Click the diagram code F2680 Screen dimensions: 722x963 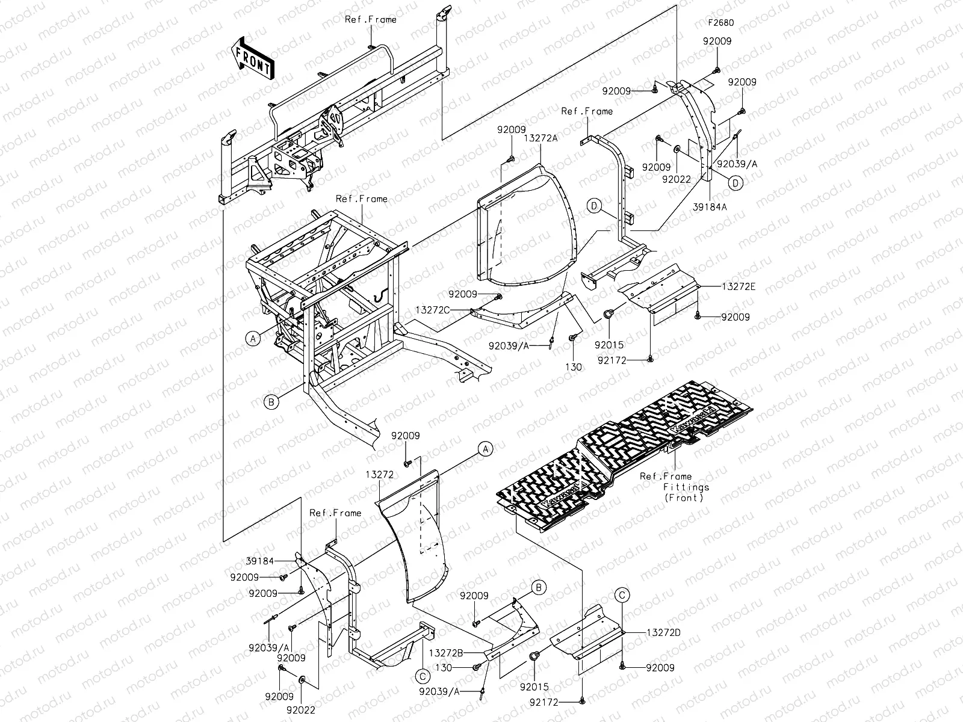pyautogui.click(x=720, y=23)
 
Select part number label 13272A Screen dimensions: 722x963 pyautogui.click(x=540, y=138)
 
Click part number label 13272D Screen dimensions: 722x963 pyautogui.click(x=663, y=632)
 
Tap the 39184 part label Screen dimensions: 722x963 pyautogui.click(x=259, y=561)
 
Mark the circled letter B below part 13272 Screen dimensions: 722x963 pyautogui.click(x=539, y=587)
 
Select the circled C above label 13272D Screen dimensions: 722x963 pyautogui.click(x=623, y=596)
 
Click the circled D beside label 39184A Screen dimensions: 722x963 pyautogui.click(x=737, y=182)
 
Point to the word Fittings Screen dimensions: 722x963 pyautogui.click(x=686, y=487)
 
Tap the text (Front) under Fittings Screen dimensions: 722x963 pyautogui.click(x=686, y=498)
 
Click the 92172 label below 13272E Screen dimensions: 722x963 pyautogui.click(x=627, y=360)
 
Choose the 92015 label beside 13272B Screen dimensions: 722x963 pyautogui.click(x=530, y=686)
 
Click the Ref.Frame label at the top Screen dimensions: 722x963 pyautogui.click(x=370, y=19)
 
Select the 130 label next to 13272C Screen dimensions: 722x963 pyautogui.click(x=574, y=366)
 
